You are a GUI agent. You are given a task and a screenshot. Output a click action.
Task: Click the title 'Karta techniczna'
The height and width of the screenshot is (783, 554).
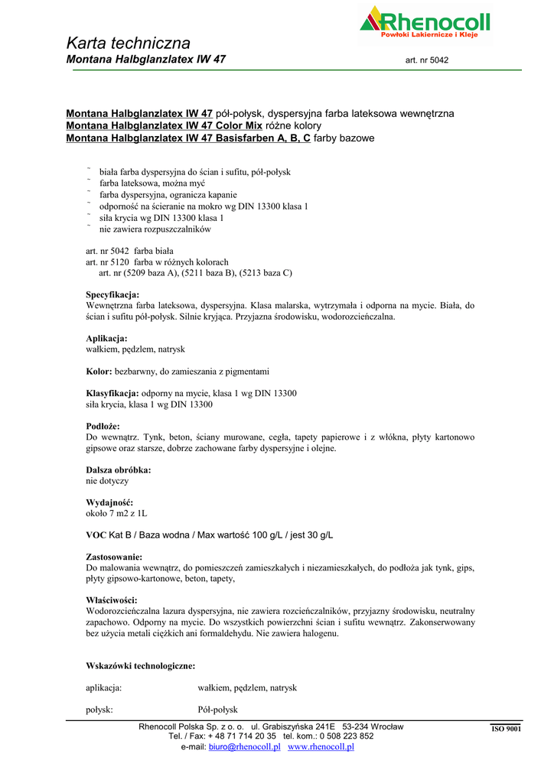pos(129,43)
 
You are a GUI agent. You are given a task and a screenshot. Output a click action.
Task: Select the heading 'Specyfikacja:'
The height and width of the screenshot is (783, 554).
pos(112,294)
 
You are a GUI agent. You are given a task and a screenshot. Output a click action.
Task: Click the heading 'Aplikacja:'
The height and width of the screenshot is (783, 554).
pos(106,338)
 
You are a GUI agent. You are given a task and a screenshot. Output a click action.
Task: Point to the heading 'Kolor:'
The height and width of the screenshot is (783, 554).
pos(99,372)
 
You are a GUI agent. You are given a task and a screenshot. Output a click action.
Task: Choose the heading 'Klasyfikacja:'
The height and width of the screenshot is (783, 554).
pos(112,393)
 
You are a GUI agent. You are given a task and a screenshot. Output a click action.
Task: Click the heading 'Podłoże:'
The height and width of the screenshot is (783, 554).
pos(103,426)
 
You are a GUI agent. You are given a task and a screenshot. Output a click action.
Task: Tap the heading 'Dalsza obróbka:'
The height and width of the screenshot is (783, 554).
pos(118,469)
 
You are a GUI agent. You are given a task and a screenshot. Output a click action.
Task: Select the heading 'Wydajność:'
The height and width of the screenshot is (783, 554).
pos(109,502)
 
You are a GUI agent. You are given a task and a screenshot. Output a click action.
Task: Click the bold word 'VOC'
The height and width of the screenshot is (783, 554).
pos(96,534)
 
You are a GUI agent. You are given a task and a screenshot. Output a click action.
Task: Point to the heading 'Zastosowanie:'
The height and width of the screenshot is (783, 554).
pos(114,557)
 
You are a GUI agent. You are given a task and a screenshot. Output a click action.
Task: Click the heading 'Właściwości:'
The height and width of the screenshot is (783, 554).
pos(111,600)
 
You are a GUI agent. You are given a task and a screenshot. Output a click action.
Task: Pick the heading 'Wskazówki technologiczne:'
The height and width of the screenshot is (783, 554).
pos(140,666)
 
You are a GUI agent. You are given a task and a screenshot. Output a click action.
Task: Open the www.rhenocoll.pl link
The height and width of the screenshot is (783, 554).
pos(321,747)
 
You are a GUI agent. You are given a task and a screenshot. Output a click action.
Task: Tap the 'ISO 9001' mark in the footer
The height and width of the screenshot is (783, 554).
pos(506,729)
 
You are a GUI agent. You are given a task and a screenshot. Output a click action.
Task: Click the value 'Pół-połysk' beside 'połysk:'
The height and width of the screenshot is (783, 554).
pos(218,710)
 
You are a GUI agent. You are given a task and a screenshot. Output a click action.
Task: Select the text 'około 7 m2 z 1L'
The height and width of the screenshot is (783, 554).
pos(117,513)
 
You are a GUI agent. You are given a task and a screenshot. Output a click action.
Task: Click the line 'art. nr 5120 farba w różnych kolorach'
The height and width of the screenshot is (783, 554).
pos(157,262)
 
